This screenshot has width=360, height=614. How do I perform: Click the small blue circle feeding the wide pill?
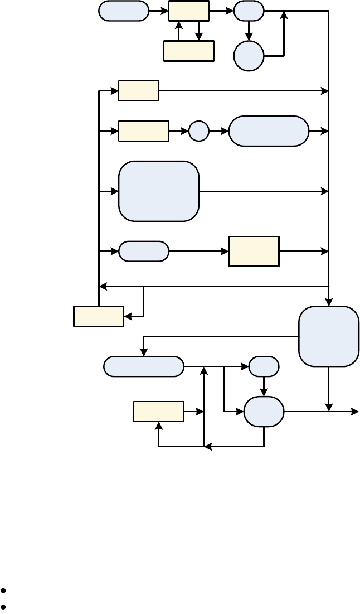[198, 131]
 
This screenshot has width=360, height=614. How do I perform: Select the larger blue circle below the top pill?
[249, 56]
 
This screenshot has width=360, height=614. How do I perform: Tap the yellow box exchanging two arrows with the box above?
[189, 51]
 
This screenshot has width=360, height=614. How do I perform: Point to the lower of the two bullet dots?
[4, 606]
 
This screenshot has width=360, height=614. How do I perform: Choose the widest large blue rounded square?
[159, 191]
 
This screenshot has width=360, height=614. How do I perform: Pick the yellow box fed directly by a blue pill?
[254, 252]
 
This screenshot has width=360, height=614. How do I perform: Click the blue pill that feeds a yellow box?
[144, 252]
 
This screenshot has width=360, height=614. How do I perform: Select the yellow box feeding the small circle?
[144, 131]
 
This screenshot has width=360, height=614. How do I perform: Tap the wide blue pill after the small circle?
[269, 131]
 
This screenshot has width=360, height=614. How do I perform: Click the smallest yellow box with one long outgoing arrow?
[139, 91]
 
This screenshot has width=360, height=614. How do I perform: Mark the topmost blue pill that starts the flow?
[124, 11]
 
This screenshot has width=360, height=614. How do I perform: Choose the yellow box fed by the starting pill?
[189, 11]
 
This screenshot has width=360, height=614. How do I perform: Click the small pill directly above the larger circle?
[249, 11]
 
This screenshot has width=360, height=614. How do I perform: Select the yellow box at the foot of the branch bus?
[99, 316]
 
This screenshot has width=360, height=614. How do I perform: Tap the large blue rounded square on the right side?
[329, 336]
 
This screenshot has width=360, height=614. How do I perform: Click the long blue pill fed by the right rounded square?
[144, 366]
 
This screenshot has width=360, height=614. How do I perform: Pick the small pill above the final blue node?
[264, 366]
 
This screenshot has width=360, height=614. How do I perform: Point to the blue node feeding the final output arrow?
[264, 412]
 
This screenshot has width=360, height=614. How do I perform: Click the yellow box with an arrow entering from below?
[159, 412]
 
